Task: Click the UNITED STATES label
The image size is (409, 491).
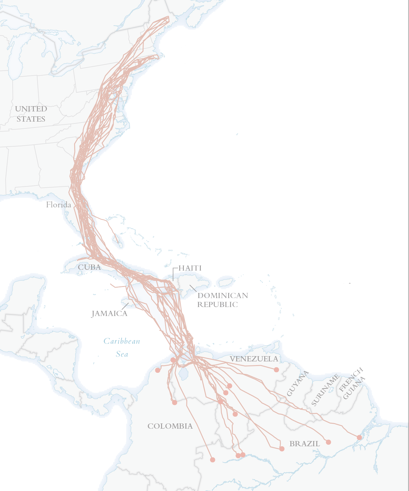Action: pyautogui.click(x=31, y=114)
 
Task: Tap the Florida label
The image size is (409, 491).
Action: pyautogui.click(x=58, y=205)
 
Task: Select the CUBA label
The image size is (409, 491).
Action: pyautogui.click(x=89, y=267)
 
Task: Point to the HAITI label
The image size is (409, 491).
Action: pyautogui.click(x=190, y=268)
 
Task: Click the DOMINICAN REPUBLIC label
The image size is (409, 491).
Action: pyautogui.click(x=222, y=300)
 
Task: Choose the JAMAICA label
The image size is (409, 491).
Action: pyautogui.click(x=109, y=314)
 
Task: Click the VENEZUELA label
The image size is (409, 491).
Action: pyautogui.click(x=254, y=359)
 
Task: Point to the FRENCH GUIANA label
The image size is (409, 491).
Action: pyautogui.click(x=352, y=383)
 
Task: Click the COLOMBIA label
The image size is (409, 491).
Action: pyautogui.click(x=170, y=426)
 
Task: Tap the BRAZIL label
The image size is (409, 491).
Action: pyautogui.click(x=304, y=443)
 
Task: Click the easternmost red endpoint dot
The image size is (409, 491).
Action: pyautogui.click(x=359, y=438)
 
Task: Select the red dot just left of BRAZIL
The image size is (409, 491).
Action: pyautogui.click(x=282, y=449)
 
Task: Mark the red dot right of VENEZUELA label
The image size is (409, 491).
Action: pyautogui.click(x=276, y=369)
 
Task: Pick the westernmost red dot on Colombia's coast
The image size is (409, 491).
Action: pyautogui.click(x=157, y=371)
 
